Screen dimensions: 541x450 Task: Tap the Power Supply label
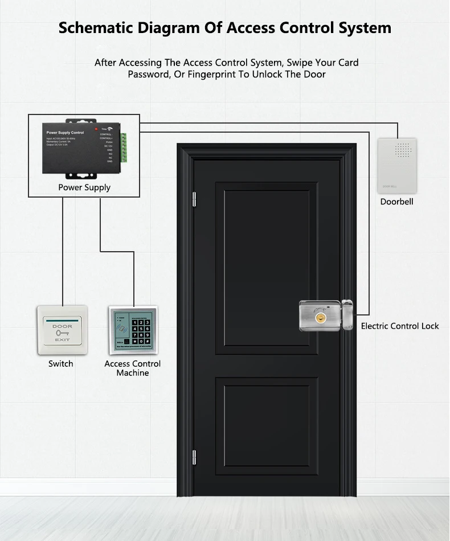(84, 187)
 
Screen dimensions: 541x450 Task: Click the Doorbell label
(396, 202)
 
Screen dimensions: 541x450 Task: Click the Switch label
(60, 364)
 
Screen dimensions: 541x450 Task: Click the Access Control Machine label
(133, 368)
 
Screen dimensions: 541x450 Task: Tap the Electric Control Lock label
(400, 326)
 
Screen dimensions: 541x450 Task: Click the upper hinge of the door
(194, 199)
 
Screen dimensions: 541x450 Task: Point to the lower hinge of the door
(194, 456)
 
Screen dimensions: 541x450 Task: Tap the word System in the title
(364, 28)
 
